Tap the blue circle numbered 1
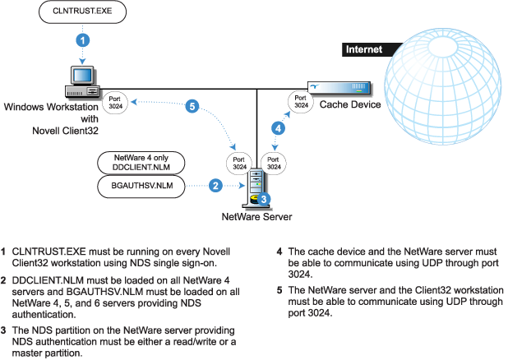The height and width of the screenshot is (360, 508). [x=82, y=39]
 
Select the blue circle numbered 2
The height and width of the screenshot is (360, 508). [x=216, y=186]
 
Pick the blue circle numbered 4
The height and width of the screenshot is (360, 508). [x=279, y=128]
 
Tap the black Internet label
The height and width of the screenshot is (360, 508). [x=364, y=49]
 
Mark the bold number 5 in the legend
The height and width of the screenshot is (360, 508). [x=279, y=289]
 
